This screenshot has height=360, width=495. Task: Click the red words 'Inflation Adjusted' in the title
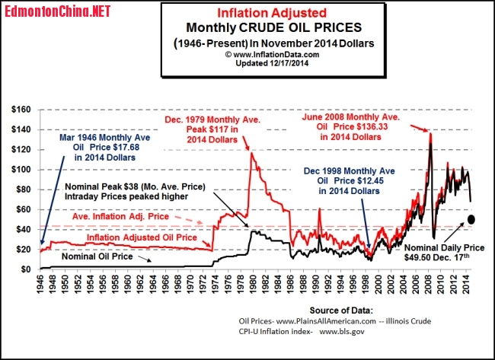(261, 14)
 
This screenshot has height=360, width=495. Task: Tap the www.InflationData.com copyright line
(261, 55)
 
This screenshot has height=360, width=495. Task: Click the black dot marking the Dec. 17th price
(471, 219)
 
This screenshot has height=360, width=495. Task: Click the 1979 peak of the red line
(251, 154)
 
